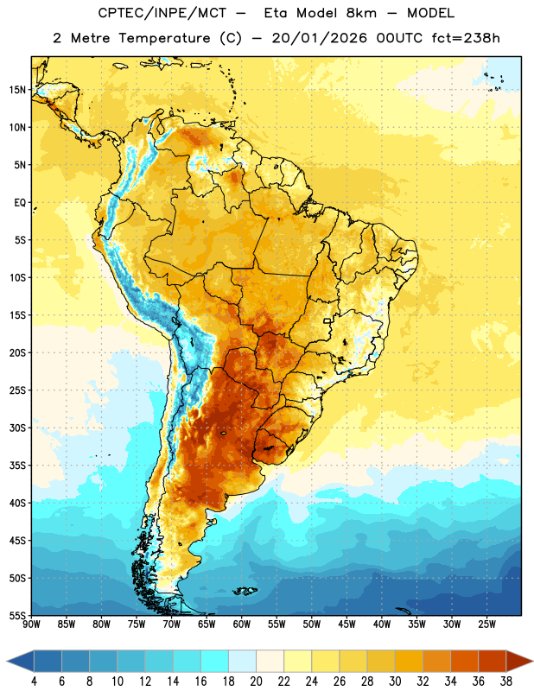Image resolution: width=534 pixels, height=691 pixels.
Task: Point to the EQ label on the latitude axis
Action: [x=20, y=203]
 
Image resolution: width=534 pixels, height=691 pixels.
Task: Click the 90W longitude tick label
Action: [x=31, y=624]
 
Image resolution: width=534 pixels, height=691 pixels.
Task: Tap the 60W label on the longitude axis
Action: [x=242, y=624]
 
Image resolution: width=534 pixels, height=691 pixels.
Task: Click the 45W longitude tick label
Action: [x=346, y=624]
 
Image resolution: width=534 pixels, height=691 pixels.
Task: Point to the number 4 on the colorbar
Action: [x=34, y=681]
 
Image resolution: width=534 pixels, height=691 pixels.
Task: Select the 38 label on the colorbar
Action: [x=506, y=681]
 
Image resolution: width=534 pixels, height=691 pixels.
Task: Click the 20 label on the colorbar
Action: [x=256, y=681]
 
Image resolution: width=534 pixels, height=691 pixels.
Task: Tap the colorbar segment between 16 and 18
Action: [x=215, y=662]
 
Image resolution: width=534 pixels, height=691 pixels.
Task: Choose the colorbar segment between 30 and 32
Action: [x=409, y=662]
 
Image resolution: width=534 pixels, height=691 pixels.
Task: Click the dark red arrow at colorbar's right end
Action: [x=519, y=662]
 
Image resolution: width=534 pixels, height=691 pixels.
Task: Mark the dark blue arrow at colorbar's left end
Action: [x=20, y=662]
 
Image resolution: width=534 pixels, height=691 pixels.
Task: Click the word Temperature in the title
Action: [x=164, y=38]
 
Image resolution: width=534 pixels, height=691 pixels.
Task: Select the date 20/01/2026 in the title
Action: [x=319, y=38]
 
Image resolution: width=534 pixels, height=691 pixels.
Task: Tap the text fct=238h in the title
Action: [x=466, y=38]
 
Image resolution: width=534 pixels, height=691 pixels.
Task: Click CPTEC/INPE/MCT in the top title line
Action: [x=162, y=13]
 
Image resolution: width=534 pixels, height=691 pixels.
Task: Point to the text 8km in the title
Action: [x=361, y=13]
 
